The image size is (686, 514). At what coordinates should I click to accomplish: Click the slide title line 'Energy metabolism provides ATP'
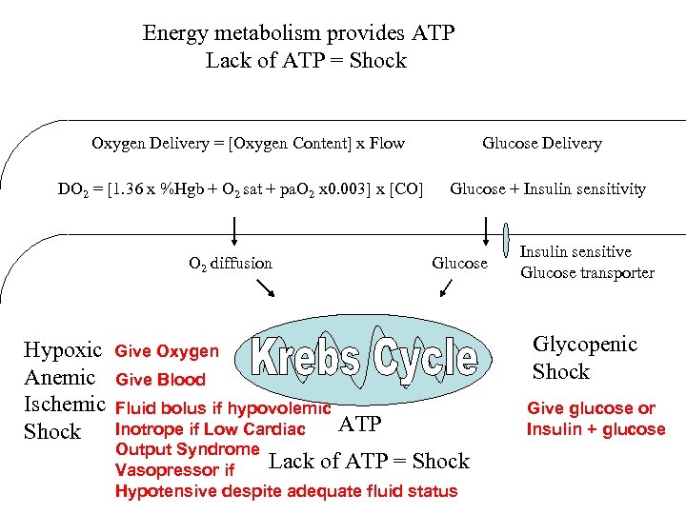pos(298,33)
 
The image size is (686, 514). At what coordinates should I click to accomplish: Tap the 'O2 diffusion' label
pos(230,264)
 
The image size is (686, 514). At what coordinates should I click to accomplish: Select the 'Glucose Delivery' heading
pos(541,144)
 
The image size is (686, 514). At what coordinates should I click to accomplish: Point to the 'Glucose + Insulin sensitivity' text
pos(547,189)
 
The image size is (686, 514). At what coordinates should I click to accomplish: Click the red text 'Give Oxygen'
pos(167,352)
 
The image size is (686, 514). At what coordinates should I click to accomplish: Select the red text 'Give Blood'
pos(160,380)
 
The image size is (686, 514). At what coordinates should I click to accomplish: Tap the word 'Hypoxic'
pos(62,350)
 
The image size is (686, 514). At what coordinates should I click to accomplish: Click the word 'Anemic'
pos(59,378)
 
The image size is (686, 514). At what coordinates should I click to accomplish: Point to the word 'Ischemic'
pos(64,405)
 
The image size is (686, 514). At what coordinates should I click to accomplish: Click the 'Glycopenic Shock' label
pos(584,358)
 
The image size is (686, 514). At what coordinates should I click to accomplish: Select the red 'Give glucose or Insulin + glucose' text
pos(595,419)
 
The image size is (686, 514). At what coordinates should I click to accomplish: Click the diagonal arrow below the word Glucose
pos(456,287)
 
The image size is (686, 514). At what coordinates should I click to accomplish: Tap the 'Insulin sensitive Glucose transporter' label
pos(586,262)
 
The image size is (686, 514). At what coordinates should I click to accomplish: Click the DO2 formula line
pos(239,189)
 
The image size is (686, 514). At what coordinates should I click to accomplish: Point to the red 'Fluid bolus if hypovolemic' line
pos(222,408)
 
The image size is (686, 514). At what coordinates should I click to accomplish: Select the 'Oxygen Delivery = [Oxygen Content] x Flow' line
pos(248,144)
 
